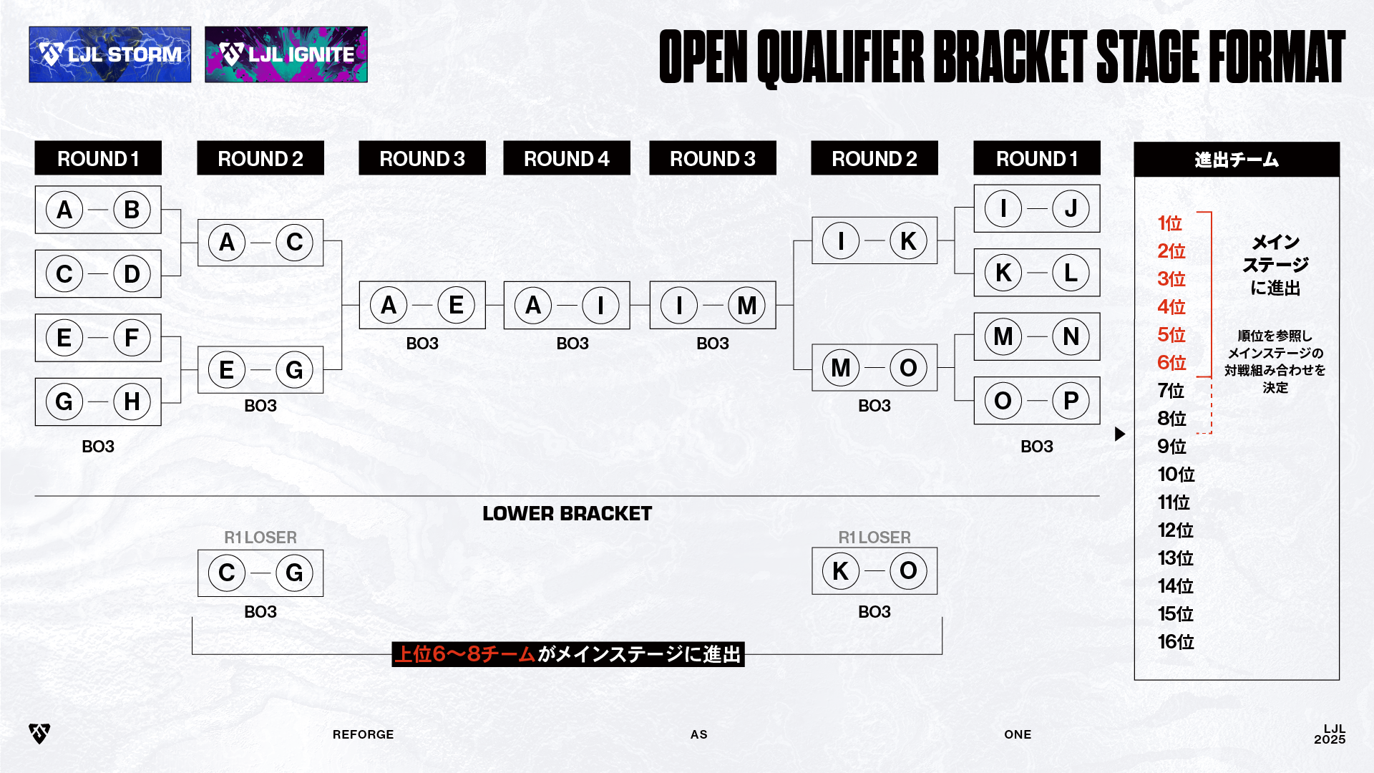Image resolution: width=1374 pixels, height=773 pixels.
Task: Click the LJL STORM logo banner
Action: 110,54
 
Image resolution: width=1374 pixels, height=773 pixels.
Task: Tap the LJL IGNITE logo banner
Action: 286,54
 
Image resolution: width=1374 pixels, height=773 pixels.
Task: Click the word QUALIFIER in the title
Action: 841,57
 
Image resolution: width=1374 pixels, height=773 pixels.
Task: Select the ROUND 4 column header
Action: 566,158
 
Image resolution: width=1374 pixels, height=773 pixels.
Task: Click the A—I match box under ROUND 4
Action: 566,305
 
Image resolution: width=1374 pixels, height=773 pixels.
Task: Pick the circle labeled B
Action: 132,210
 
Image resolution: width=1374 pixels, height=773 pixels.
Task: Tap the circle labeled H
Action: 132,402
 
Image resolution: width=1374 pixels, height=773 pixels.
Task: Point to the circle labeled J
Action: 1071,208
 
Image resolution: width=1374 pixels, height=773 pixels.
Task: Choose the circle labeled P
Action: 1071,401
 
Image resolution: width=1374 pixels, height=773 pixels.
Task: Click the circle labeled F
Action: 132,337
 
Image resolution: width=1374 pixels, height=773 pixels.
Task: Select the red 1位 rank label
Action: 1169,223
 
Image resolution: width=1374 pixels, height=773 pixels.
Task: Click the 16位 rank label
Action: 1176,642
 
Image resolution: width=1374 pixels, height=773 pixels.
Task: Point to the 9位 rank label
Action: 1171,447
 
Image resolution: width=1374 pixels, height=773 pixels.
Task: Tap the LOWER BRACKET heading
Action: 567,514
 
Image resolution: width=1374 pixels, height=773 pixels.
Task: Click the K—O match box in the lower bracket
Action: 874,571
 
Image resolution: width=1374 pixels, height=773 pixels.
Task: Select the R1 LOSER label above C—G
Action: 260,538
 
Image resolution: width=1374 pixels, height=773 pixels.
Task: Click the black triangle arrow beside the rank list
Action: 1120,434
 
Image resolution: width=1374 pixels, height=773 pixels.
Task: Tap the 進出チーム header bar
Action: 1236,160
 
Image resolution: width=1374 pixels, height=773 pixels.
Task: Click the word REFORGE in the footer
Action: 363,734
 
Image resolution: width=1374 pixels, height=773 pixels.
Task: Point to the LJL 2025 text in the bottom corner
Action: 1330,734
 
